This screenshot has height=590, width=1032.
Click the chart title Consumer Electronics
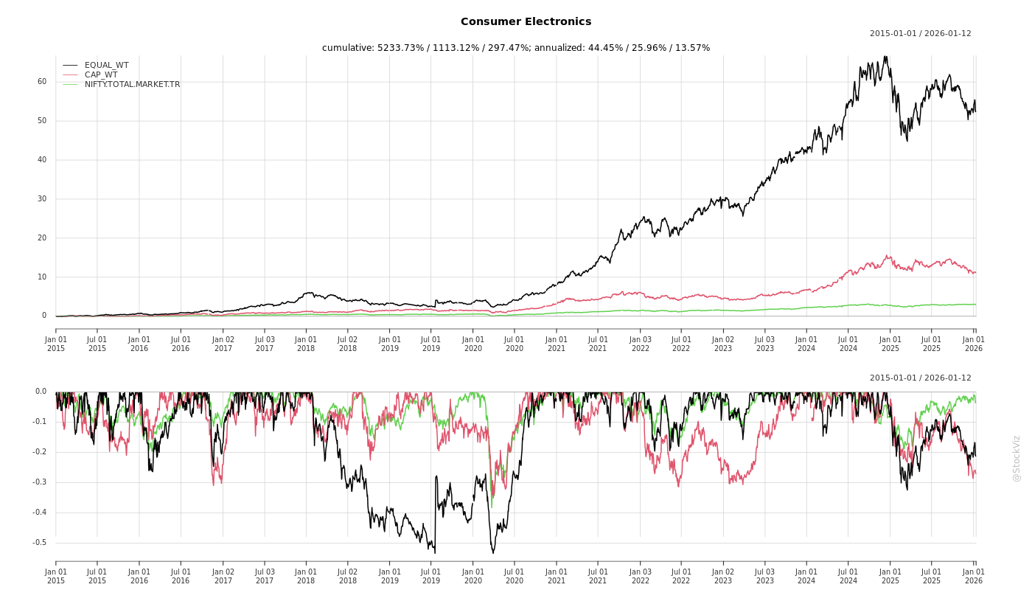[x=526, y=22]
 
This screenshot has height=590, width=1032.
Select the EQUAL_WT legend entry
[x=106, y=66]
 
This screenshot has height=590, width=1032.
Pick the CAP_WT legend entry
[x=101, y=74]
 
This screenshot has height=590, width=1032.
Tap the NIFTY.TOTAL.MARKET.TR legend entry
[x=132, y=84]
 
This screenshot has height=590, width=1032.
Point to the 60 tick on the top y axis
[x=42, y=82]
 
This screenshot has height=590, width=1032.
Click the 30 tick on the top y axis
[x=42, y=199]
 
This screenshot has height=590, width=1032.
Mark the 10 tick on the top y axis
[x=42, y=277]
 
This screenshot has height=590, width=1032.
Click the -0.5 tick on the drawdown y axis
[x=39, y=543]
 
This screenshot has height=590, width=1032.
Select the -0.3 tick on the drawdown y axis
[x=39, y=482]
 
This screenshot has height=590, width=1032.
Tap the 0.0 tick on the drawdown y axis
[x=41, y=392]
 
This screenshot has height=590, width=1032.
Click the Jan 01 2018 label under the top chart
[x=306, y=344]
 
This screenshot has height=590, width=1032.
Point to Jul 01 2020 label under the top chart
[x=515, y=344]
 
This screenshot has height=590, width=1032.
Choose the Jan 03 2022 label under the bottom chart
[x=640, y=576]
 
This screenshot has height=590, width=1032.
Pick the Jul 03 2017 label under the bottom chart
[x=265, y=576]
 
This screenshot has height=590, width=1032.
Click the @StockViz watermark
[x=1017, y=458]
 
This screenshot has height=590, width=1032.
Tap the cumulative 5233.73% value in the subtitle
[x=404, y=48]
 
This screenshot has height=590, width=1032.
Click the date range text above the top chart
[x=920, y=34]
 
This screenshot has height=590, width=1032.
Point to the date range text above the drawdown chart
[x=920, y=378]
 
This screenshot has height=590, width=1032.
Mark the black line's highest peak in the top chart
[x=885, y=57]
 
